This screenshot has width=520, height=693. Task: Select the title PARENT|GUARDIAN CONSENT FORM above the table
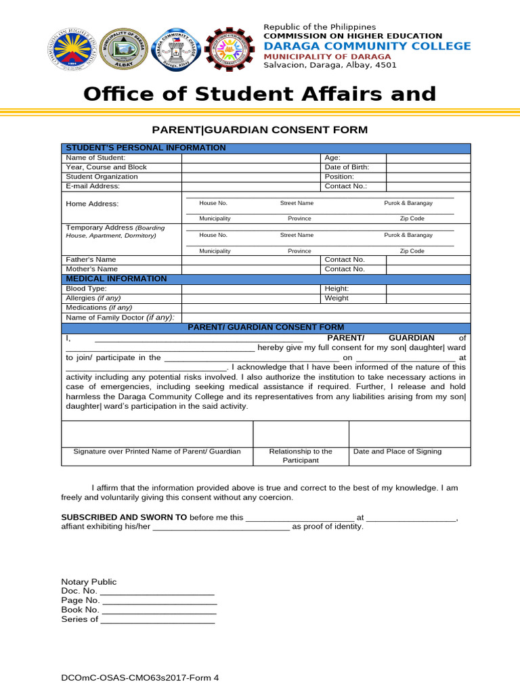[x=259, y=129]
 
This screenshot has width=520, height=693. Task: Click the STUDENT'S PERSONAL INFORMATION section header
[x=145, y=148]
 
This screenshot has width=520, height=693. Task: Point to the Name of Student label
[x=95, y=158]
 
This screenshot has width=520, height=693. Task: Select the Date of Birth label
[x=347, y=167]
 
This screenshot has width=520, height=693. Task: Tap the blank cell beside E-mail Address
[x=251, y=186]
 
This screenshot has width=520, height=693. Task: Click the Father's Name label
[x=91, y=259]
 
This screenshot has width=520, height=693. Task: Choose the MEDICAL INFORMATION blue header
[x=115, y=278]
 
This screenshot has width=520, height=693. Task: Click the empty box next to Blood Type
[x=251, y=288]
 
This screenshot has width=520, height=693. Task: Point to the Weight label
[x=337, y=298]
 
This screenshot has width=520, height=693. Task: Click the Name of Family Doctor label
[x=120, y=317]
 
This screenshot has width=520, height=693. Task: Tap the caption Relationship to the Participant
[x=301, y=455]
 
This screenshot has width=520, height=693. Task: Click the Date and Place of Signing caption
[x=397, y=451]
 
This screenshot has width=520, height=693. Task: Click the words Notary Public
[x=89, y=581]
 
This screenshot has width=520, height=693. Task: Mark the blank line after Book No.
[x=160, y=610]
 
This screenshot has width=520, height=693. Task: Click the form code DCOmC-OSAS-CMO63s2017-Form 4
[x=140, y=677]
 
